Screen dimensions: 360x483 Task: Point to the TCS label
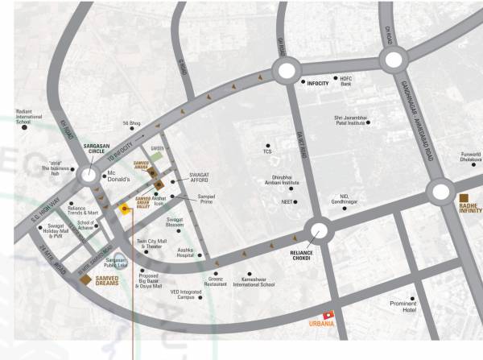coord(267,150)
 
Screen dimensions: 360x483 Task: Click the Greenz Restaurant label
coord(215,282)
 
